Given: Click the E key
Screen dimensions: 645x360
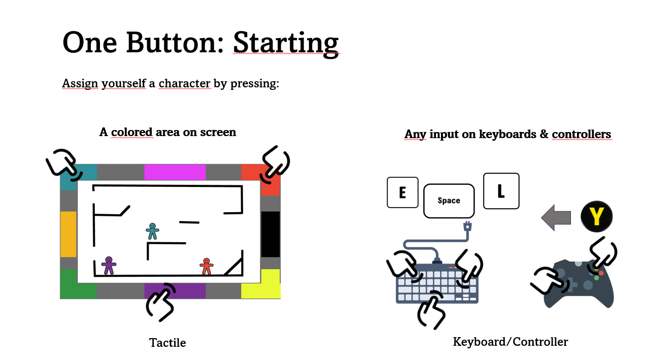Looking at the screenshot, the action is point(402,192).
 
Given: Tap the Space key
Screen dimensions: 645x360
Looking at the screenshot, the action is point(449,201).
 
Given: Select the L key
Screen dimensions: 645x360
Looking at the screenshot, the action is point(501,191).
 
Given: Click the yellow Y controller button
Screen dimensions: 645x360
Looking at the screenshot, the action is point(597,217).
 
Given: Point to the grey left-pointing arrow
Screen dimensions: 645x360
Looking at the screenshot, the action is point(556,217).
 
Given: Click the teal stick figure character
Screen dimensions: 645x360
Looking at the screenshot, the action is point(152,231).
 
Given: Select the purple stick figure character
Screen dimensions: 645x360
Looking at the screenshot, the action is point(109,266).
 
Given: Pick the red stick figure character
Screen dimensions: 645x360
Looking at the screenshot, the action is point(207,267).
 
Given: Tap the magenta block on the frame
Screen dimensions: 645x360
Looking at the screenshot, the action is point(175,172).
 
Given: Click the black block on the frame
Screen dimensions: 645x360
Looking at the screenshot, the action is point(270,234).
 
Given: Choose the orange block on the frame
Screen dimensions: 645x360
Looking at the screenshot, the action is point(68,234).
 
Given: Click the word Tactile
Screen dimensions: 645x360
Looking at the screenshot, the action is point(167,343).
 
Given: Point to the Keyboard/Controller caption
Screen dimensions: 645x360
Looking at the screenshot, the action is point(511,342).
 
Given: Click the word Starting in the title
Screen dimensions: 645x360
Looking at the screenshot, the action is point(286,43).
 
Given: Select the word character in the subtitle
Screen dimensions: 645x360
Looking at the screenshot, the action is point(184,83).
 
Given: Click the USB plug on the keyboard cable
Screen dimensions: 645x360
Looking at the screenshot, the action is point(467,226).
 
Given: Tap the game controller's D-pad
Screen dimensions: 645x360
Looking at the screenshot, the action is point(572,285).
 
